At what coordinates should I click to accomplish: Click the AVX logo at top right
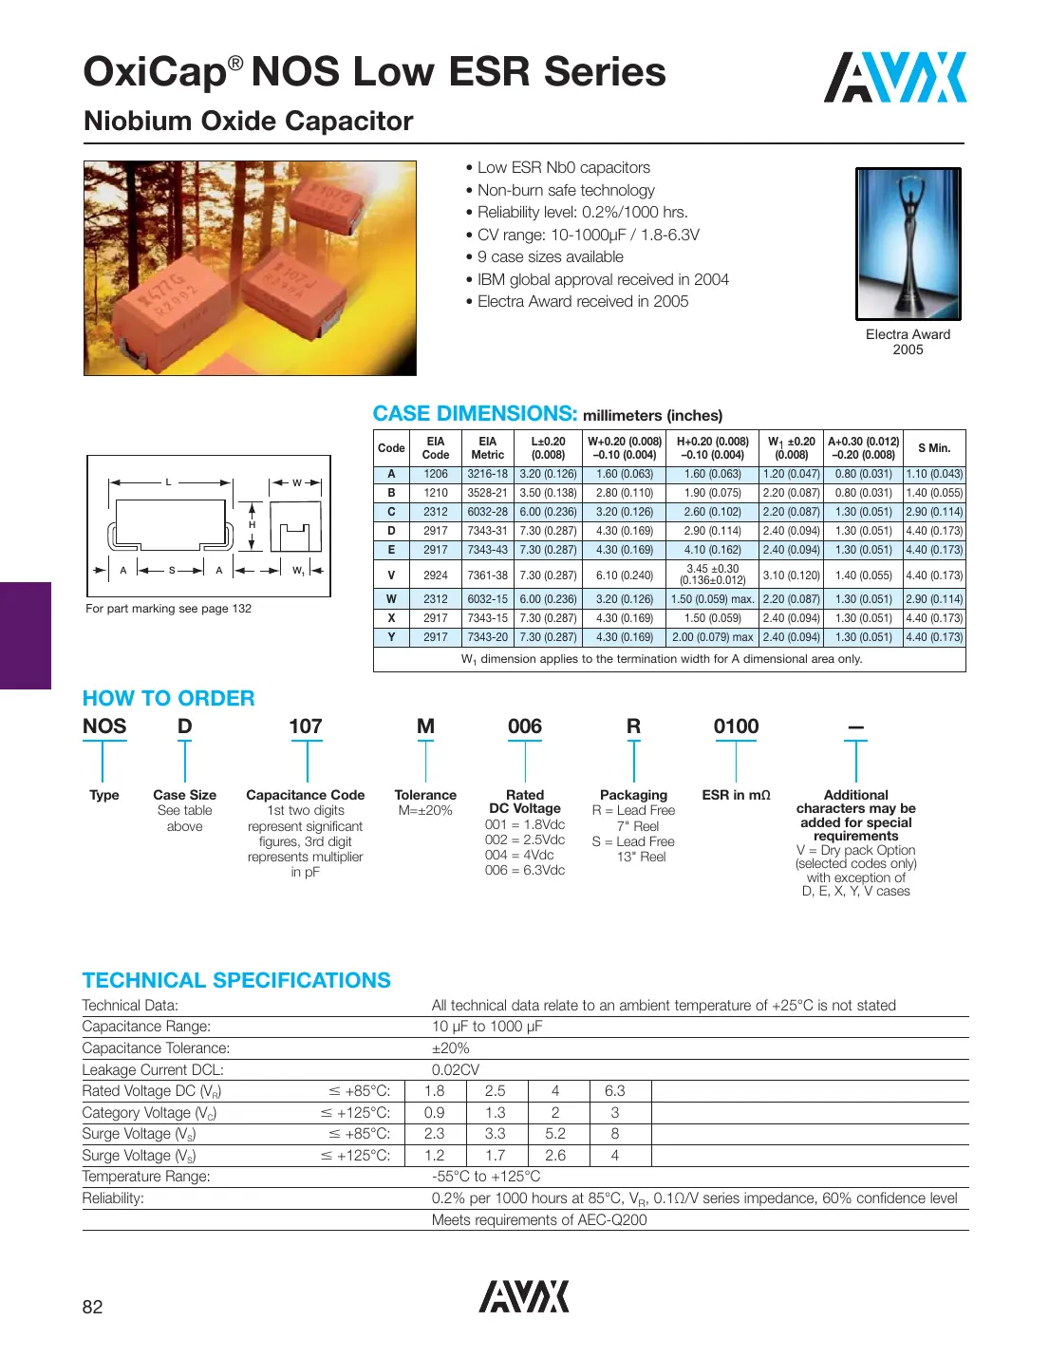tap(894, 78)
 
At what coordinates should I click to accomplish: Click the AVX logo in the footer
tap(523, 1296)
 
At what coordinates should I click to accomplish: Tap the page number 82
tap(92, 1307)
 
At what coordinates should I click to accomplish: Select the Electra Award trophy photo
tap(908, 244)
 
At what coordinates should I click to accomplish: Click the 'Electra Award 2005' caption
tap(908, 342)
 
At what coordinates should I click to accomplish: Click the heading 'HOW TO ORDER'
tap(169, 698)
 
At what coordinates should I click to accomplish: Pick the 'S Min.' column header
tap(934, 448)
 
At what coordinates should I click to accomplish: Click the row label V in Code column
tap(391, 575)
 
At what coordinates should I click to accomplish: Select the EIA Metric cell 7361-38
tap(487, 575)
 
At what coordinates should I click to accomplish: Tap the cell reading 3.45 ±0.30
tap(712, 570)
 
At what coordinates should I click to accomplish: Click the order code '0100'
tap(736, 726)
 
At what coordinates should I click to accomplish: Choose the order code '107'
tap(306, 726)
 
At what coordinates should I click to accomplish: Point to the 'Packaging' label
tap(633, 795)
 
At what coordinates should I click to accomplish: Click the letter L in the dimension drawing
tap(169, 482)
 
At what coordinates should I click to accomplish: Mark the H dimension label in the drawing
tap(252, 524)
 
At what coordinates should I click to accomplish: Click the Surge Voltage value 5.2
tap(555, 1134)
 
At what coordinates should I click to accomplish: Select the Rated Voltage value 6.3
tap(615, 1091)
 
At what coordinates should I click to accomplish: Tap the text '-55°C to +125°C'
tap(486, 1177)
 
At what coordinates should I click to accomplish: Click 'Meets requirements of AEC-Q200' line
tap(539, 1220)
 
